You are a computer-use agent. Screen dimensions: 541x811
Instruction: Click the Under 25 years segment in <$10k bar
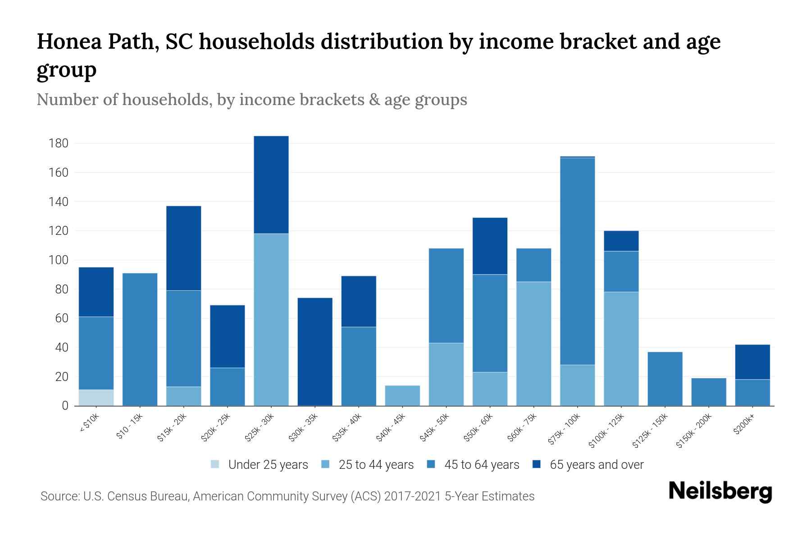tap(96, 397)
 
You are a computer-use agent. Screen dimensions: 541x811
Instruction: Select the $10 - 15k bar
tap(140, 339)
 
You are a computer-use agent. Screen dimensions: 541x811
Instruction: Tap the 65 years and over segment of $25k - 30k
tap(271, 184)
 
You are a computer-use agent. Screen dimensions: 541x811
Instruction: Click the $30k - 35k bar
tap(315, 352)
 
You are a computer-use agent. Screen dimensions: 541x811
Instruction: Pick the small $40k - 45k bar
tap(402, 395)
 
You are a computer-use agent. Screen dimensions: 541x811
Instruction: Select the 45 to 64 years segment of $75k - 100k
tap(577, 261)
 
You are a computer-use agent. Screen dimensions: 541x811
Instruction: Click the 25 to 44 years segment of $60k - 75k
tap(533, 344)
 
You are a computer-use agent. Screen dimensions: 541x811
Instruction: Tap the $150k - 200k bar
tap(708, 392)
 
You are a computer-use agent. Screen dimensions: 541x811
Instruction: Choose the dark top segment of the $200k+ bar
tap(752, 362)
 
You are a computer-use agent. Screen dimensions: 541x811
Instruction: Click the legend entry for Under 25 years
tap(260, 465)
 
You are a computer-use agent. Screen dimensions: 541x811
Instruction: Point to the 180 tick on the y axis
tap(59, 143)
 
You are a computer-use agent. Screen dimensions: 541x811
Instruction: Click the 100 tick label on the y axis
tap(59, 260)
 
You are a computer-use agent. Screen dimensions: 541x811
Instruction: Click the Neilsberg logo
tap(720, 491)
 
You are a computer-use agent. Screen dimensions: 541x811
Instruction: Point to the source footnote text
tap(287, 496)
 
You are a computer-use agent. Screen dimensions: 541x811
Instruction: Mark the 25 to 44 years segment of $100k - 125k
tap(621, 348)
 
